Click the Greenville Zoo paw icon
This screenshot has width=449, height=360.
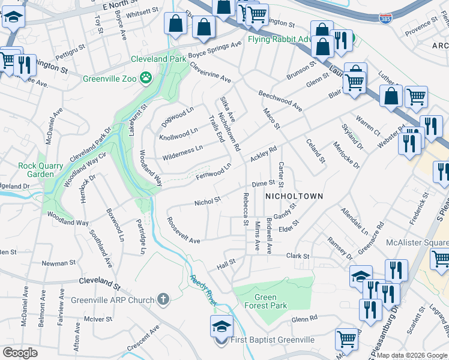click(145, 77)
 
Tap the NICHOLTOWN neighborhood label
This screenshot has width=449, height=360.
click(294, 196)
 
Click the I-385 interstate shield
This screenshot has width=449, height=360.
click(385, 19)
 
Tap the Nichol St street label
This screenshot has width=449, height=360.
click(208, 202)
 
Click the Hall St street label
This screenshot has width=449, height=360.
click(226, 263)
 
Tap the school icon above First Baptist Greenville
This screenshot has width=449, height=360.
click(221, 326)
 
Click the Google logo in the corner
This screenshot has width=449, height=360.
click(20, 352)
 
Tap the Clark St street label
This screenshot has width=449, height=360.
click(297, 256)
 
